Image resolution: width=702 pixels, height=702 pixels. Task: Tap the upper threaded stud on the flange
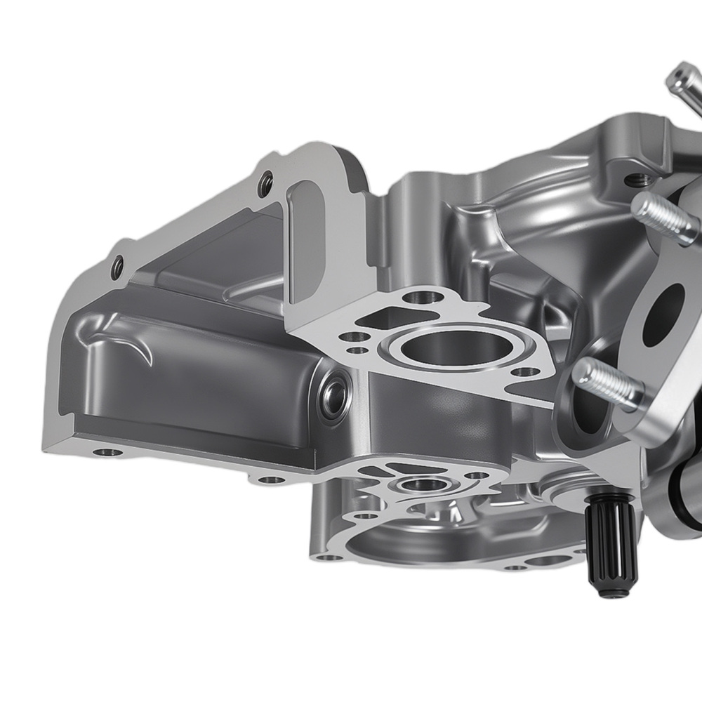663,217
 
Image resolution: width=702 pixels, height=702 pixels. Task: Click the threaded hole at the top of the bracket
265,184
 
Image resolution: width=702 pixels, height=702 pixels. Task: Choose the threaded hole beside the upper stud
635,180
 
